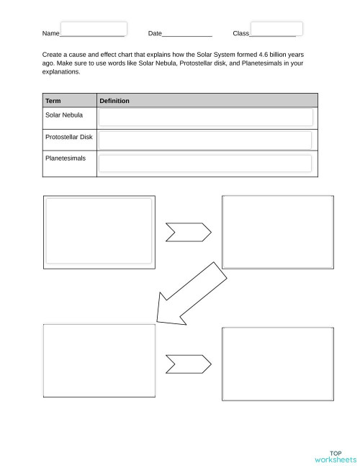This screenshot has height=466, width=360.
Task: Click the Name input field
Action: tap(94, 29)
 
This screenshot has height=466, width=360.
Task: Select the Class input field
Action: tap(276, 29)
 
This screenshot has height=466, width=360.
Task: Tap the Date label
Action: tap(155, 34)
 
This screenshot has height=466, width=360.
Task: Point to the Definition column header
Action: tap(114, 101)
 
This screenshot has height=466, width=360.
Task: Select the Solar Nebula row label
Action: tap(64, 115)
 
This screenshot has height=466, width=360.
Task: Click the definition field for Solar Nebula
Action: tap(206, 118)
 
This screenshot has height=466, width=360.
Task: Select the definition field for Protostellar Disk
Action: tap(206, 140)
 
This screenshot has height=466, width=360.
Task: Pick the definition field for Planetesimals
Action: tap(206, 163)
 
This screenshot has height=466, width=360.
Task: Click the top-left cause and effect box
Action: tap(99, 231)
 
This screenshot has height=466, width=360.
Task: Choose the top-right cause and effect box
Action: tap(278, 231)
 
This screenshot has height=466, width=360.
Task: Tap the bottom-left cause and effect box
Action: tap(99, 360)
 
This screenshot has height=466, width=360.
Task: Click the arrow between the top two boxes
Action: tap(189, 232)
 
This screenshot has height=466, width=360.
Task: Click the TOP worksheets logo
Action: tap(335, 456)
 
